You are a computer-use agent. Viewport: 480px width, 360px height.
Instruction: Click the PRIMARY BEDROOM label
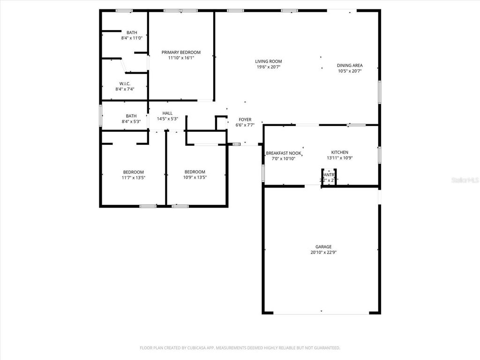181,52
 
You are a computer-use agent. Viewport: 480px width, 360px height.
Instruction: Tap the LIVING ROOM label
269,61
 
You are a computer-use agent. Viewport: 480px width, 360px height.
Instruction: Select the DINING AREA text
350,66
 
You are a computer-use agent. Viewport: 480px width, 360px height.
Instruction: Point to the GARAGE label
323,247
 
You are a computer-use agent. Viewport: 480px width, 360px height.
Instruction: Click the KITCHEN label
340,152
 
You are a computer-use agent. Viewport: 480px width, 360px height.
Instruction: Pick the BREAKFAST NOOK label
284,153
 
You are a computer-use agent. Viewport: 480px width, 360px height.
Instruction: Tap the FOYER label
245,120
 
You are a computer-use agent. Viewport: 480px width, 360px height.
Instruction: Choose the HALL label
167,113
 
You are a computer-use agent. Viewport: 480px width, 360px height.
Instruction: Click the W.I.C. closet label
125,83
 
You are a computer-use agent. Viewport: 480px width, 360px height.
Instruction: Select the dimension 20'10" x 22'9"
323,252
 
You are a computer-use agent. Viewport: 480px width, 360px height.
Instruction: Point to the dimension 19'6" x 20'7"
269,67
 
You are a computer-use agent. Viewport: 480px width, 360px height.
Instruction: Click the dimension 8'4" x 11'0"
132,38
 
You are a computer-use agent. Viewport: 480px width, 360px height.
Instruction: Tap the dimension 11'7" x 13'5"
134,178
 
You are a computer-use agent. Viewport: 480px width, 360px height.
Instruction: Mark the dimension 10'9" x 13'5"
195,178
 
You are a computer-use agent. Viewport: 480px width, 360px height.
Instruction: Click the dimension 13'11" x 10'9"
340,158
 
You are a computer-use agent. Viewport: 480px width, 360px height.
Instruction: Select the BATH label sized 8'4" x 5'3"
131,116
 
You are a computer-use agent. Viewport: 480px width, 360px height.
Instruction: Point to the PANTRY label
329,175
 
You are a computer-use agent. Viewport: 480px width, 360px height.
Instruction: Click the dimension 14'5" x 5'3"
167,119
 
